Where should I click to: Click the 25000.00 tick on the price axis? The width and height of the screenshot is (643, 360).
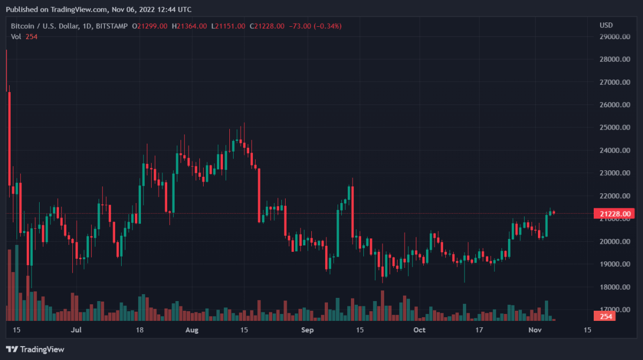tap(614, 128)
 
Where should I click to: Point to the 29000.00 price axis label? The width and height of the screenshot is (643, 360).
tap(614, 37)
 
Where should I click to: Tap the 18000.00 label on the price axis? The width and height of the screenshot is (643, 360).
tap(614, 287)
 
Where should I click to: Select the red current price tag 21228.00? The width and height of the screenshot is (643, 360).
tap(614, 214)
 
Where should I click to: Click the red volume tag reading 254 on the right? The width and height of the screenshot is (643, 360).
tap(606, 317)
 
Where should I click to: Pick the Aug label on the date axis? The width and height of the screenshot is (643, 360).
tap(192, 330)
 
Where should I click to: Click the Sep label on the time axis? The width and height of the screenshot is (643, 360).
tap(307, 330)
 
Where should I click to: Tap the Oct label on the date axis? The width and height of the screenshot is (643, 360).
tap(420, 330)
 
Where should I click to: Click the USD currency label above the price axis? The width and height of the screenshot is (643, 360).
tap(606, 26)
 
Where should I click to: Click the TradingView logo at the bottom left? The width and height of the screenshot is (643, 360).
tap(35, 349)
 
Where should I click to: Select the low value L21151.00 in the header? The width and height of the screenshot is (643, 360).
tap(228, 26)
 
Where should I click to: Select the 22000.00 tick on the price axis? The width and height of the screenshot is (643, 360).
tap(614, 196)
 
